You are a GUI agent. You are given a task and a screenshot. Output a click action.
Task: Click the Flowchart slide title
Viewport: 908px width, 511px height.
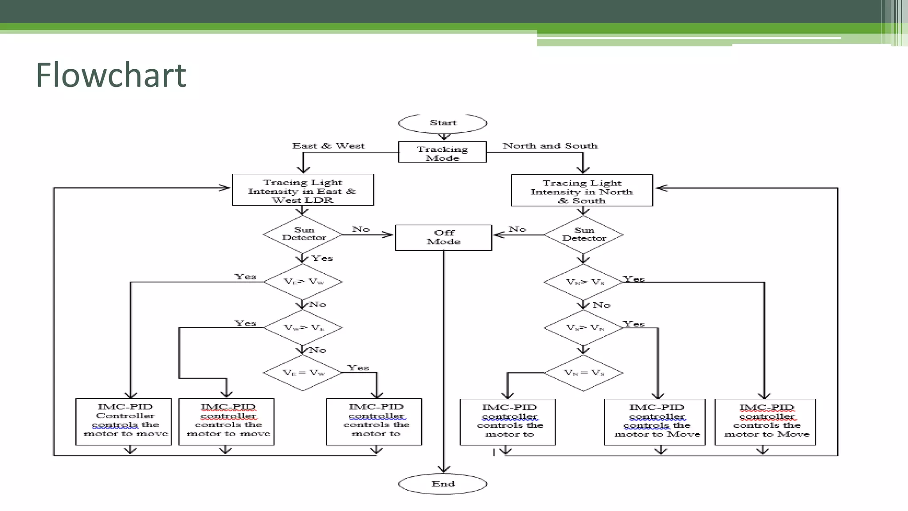[111, 75]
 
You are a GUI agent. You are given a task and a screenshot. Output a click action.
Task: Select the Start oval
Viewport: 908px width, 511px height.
[442, 123]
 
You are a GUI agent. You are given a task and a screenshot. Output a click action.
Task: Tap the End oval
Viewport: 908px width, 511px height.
[442, 484]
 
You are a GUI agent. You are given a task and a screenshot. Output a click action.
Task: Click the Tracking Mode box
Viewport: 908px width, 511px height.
[442, 152]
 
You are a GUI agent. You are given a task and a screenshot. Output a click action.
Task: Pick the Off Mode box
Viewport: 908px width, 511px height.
[443, 238]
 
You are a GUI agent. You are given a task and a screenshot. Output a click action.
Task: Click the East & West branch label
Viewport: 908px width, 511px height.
[328, 146]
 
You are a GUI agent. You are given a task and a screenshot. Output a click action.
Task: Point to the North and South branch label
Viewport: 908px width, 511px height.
[550, 146]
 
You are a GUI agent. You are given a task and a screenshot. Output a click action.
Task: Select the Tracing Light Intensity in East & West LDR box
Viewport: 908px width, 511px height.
[303, 190]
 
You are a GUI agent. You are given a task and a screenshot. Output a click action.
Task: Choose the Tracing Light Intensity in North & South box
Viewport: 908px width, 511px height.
[582, 191]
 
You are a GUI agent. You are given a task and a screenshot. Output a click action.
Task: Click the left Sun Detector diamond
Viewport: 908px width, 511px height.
[303, 234]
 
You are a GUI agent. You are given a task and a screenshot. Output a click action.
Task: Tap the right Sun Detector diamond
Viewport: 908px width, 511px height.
[583, 235]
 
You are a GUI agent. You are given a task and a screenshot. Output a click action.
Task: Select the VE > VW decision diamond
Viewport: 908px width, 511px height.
[303, 282]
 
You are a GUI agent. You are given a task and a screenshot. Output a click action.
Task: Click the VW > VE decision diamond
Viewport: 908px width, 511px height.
[303, 328]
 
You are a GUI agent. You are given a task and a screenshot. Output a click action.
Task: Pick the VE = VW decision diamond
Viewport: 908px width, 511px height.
[303, 373]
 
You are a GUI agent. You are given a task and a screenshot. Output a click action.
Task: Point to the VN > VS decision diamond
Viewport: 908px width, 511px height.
[583, 282]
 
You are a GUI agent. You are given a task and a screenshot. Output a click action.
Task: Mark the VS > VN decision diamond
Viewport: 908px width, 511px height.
[583, 328]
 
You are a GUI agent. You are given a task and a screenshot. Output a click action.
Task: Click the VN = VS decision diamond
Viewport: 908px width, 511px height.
[583, 373]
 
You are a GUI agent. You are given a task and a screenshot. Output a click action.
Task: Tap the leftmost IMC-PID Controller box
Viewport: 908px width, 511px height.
[124, 421]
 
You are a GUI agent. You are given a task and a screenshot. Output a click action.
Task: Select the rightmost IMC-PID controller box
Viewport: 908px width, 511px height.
[765, 422]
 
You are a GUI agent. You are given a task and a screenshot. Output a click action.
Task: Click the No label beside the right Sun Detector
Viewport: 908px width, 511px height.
[517, 229]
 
